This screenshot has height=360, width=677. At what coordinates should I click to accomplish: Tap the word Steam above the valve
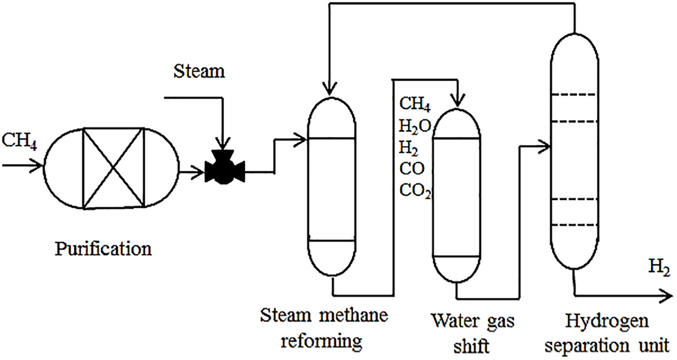(199, 72)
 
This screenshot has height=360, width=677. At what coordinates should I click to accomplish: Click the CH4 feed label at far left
(19, 141)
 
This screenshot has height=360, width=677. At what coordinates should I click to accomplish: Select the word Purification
(104, 249)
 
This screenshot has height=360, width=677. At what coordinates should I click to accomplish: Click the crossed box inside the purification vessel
(113, 168)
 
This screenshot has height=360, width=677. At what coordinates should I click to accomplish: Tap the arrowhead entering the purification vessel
(37, 166)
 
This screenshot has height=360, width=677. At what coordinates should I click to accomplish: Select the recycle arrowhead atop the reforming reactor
(329, 89)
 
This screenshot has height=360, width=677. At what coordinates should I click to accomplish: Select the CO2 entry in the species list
(416, 191)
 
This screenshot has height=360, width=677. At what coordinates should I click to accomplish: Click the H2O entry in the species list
(416, 125)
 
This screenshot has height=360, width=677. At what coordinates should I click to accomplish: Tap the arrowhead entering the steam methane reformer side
(301, 139)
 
